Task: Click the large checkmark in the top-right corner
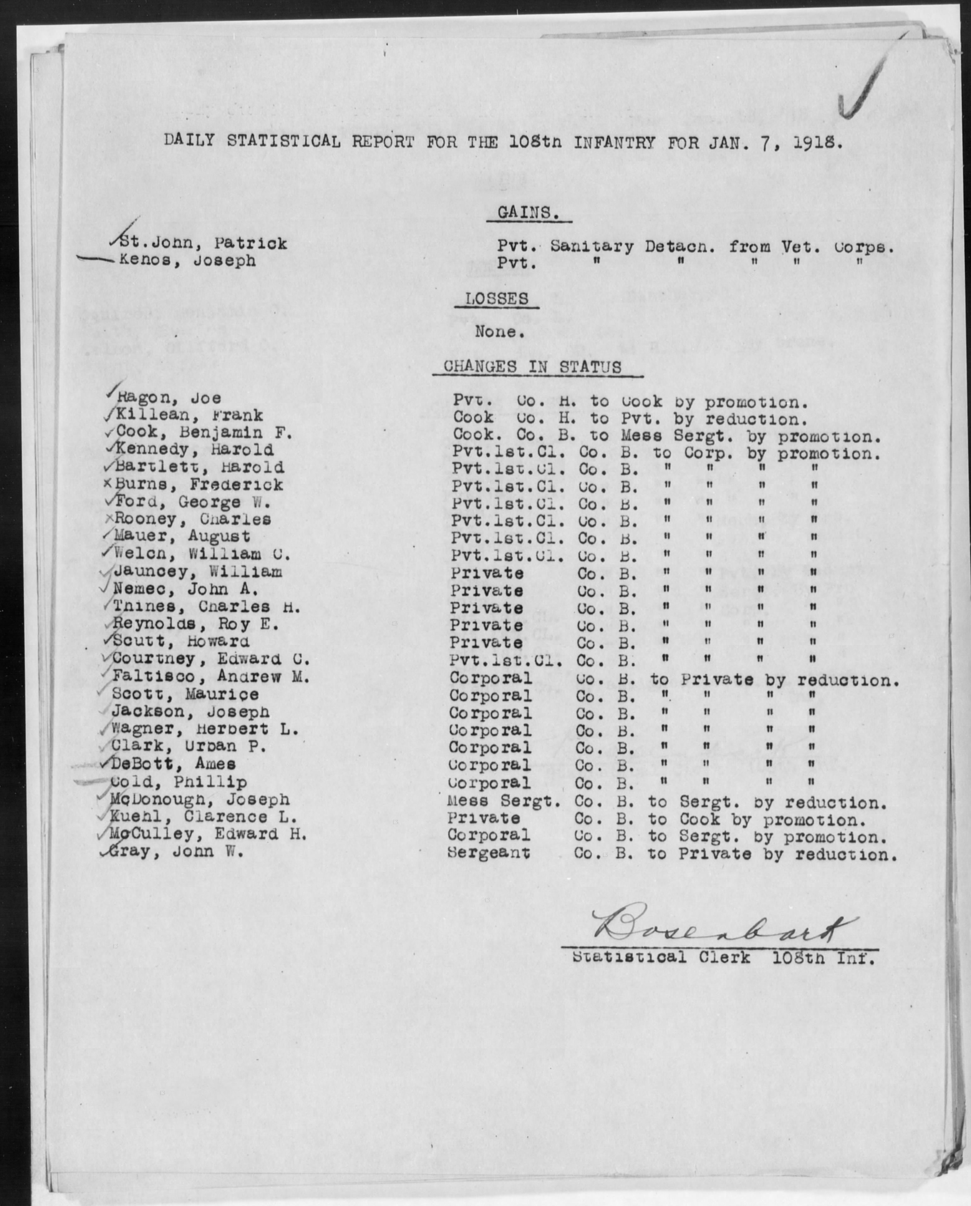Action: pos(865,84)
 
